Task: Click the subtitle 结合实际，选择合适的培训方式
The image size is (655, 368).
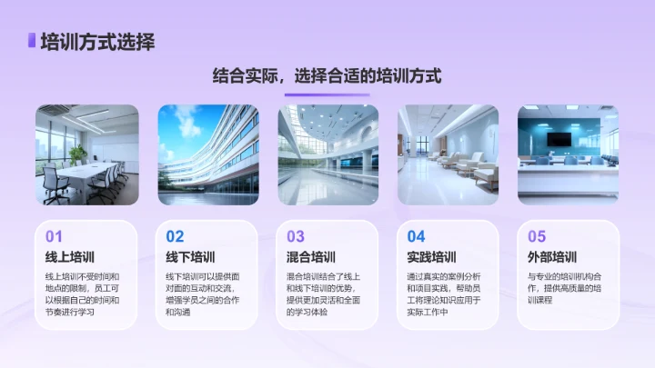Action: [327, 76]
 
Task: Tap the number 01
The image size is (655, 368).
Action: [55, 237]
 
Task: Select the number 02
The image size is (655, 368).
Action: [175, 237]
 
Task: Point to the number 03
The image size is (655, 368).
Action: [296, 237]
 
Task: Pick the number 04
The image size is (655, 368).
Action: [416, 237]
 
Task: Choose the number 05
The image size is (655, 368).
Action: [537, 237]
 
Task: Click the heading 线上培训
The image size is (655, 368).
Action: [70, 257]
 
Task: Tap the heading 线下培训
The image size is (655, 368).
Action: [190, 257]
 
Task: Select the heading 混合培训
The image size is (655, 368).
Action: [311, 257]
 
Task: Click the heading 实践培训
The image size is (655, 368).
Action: [431, 257]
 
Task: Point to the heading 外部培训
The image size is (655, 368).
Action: [552, 257]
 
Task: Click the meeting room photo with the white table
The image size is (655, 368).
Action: [86, 154]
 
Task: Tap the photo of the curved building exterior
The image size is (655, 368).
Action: [207, 154]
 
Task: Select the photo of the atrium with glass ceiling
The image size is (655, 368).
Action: [327, 154]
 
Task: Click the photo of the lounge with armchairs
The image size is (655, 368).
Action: [448, 154]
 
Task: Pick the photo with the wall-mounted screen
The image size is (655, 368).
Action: [569, 154]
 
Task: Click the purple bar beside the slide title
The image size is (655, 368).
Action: [32, 41]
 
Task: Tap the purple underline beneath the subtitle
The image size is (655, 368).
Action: [327, 94]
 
